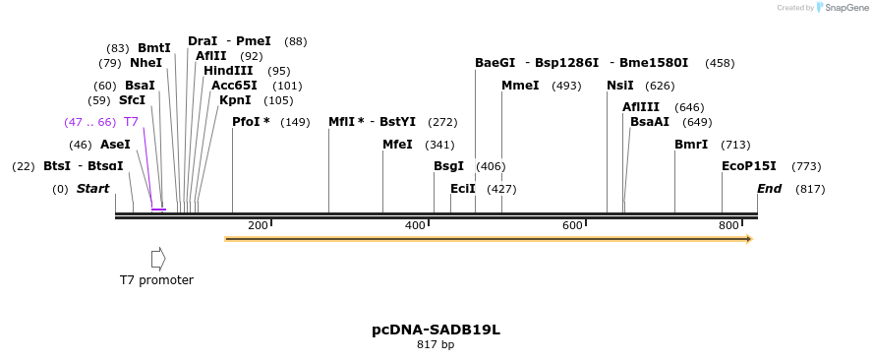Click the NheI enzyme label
[x=145, y=63]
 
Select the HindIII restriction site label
[x=228, y=71]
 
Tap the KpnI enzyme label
[x=235, y=100]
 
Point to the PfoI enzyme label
[x=251, y=122]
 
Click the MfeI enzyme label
[x=397, y=145]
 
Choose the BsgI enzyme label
[x=448, y=166]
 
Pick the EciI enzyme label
[x=462, y=189]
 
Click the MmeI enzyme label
[x=520, y=86]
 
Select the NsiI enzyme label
[x=620, y=86]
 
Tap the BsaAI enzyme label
[x=650, y=122]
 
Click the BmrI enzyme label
[x=691, y=145]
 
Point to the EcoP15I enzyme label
[x=749, y=166]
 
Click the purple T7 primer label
[x=131, y=122]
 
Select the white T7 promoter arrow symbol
[x=157, y=259]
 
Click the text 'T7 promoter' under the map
[x=156, y=280]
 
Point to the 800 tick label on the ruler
[x=728, y=226]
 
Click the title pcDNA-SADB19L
[x=436, y=330]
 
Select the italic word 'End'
[x=769, y=189]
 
